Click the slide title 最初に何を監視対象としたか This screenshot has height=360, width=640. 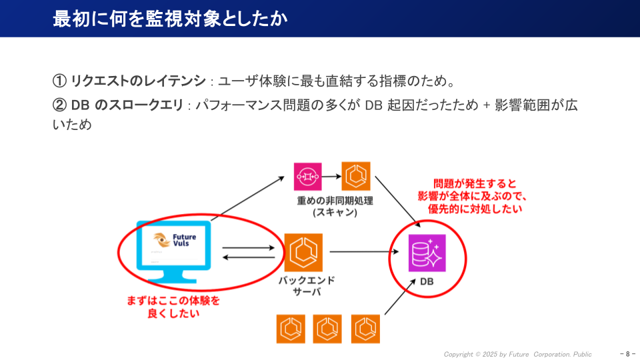click(x=170, y=19)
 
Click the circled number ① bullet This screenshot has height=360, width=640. click(x=59, y=81)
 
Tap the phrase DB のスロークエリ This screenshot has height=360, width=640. click(x=127, y=106)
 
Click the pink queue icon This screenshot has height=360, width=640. click(x=308, y=177)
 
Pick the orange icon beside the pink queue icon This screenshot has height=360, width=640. click(x=356, y=177)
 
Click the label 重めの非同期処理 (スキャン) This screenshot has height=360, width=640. click(x=335, y=206)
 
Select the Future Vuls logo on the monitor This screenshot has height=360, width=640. click(x=173, y=241)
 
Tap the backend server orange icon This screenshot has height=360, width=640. click(x=303, y=252)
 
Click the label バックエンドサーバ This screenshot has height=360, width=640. click(x=307, y=286)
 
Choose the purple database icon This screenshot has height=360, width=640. click(x=427, y=252)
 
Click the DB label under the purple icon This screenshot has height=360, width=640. click(x=427, y=282)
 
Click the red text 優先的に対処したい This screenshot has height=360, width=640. click(x=475, y=209)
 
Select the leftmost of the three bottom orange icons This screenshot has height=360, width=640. click(x=291, y=328)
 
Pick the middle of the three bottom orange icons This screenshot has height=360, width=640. click(x=328, y=328)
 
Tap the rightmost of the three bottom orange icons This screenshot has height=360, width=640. click(x=365, y=328)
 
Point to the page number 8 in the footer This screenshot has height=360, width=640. click(x=628, y=354)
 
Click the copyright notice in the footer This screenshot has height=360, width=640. click(x=517, y=354)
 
